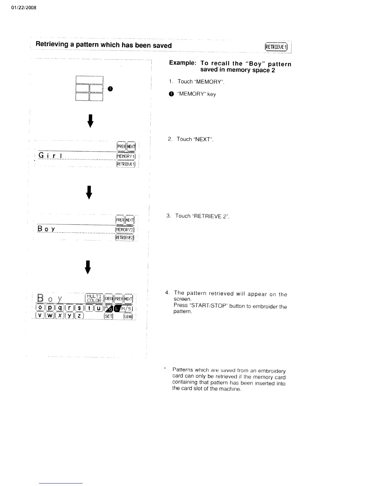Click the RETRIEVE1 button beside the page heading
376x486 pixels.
click(276, 47)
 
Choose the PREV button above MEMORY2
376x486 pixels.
click(119, 220)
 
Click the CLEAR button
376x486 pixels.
click(128, 316)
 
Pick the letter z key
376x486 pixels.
click(79, 316)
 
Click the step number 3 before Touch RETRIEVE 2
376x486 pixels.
click(168, 216)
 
